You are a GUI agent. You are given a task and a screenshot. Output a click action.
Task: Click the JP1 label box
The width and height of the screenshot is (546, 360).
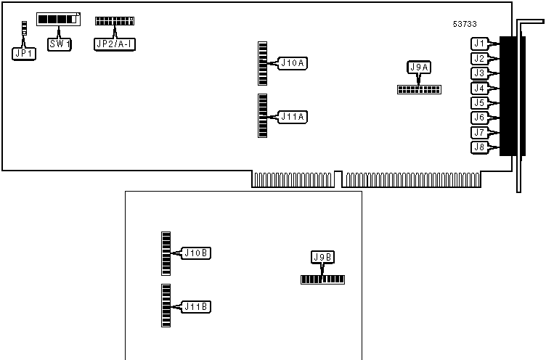[24, 54]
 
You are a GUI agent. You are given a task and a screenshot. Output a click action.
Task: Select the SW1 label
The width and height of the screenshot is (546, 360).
[60, 44]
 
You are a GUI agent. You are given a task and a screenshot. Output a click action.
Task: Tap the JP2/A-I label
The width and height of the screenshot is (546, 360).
[115, 44]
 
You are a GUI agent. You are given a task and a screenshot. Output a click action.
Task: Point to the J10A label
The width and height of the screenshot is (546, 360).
[293, 64]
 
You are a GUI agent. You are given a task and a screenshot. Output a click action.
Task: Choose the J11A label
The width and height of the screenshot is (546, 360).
[293, 116]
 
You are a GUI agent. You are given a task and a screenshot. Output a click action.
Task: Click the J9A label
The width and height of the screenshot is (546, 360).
[419, 67]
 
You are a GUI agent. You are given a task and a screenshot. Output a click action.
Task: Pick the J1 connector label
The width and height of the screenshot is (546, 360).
[478, 44]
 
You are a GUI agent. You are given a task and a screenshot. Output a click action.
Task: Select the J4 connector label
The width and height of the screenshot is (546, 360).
[478, 88]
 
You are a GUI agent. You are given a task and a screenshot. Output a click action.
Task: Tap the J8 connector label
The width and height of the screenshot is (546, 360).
[478, 147]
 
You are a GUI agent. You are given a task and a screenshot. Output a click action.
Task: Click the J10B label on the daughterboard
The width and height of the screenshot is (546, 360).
[196, 253]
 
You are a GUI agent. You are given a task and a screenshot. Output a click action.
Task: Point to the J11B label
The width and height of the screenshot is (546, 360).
[196, 307]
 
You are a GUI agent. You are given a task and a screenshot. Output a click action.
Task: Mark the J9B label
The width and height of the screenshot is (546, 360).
[322, 257]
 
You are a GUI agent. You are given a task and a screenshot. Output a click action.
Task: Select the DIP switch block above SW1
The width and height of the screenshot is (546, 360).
[59, 19]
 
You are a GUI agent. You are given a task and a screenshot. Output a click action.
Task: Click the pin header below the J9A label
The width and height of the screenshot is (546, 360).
[419, 90]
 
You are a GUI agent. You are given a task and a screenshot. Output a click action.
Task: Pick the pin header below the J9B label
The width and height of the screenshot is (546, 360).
[322, 279]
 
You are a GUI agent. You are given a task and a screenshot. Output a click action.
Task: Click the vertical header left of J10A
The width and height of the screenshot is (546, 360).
[263, 64]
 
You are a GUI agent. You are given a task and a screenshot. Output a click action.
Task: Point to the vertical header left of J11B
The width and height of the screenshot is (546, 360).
[166, 306]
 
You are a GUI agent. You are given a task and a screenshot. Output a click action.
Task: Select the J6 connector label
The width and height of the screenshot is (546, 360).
[478, 118]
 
